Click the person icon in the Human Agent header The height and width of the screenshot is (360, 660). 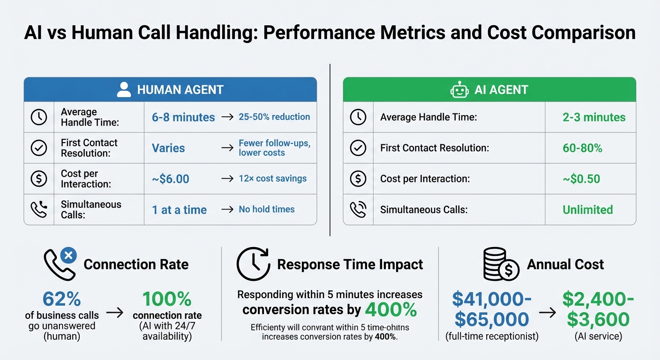[x=124, y=90]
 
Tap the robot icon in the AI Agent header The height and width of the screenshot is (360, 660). [x=459, y=90]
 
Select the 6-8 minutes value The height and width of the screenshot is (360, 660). [x=183, y=117]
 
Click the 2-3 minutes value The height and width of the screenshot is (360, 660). [x=594, y=117]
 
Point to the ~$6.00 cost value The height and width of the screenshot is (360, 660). [x=171, y=179]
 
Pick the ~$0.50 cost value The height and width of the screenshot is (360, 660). [x=581, y=179]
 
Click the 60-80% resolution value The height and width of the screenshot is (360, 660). [x=582, y=148]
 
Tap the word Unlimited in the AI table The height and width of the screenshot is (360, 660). [x=588, y=210]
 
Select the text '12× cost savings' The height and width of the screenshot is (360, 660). [x=272, y=179]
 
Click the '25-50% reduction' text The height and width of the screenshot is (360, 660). [x=274, y=117]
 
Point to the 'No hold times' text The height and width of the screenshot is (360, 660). [x=267, y=210]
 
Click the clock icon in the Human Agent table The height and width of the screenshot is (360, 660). [x=39, y=117]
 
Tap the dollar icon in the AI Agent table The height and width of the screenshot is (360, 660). [x=358, y=179]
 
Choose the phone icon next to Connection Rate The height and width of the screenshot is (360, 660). [x=60, y=264]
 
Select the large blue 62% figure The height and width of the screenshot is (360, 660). [x=61, y=299]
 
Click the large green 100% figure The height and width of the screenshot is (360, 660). [x=167, y=299]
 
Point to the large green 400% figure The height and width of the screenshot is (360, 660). [x=390, y=309]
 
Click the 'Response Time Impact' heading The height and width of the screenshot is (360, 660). [x=350, y=264]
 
